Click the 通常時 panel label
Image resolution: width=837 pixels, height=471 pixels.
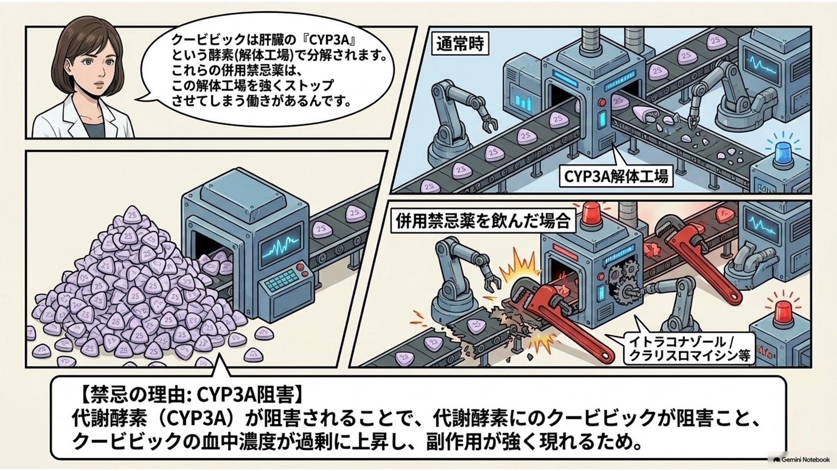point(460,45)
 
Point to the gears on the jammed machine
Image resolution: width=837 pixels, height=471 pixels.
point(622,279)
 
